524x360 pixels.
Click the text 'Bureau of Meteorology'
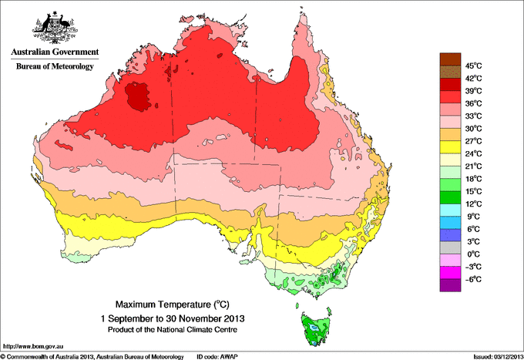(x=54, y=66)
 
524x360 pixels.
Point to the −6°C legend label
(x=472, y=278)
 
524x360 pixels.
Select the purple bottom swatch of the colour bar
(x=449, y=285)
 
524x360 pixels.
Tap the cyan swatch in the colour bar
(x=449, y=210)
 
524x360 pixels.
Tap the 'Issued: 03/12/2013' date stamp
(x=493, y=356)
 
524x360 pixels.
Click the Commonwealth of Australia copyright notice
(x=92, y=356)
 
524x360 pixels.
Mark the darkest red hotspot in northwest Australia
(x=139, y=96)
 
